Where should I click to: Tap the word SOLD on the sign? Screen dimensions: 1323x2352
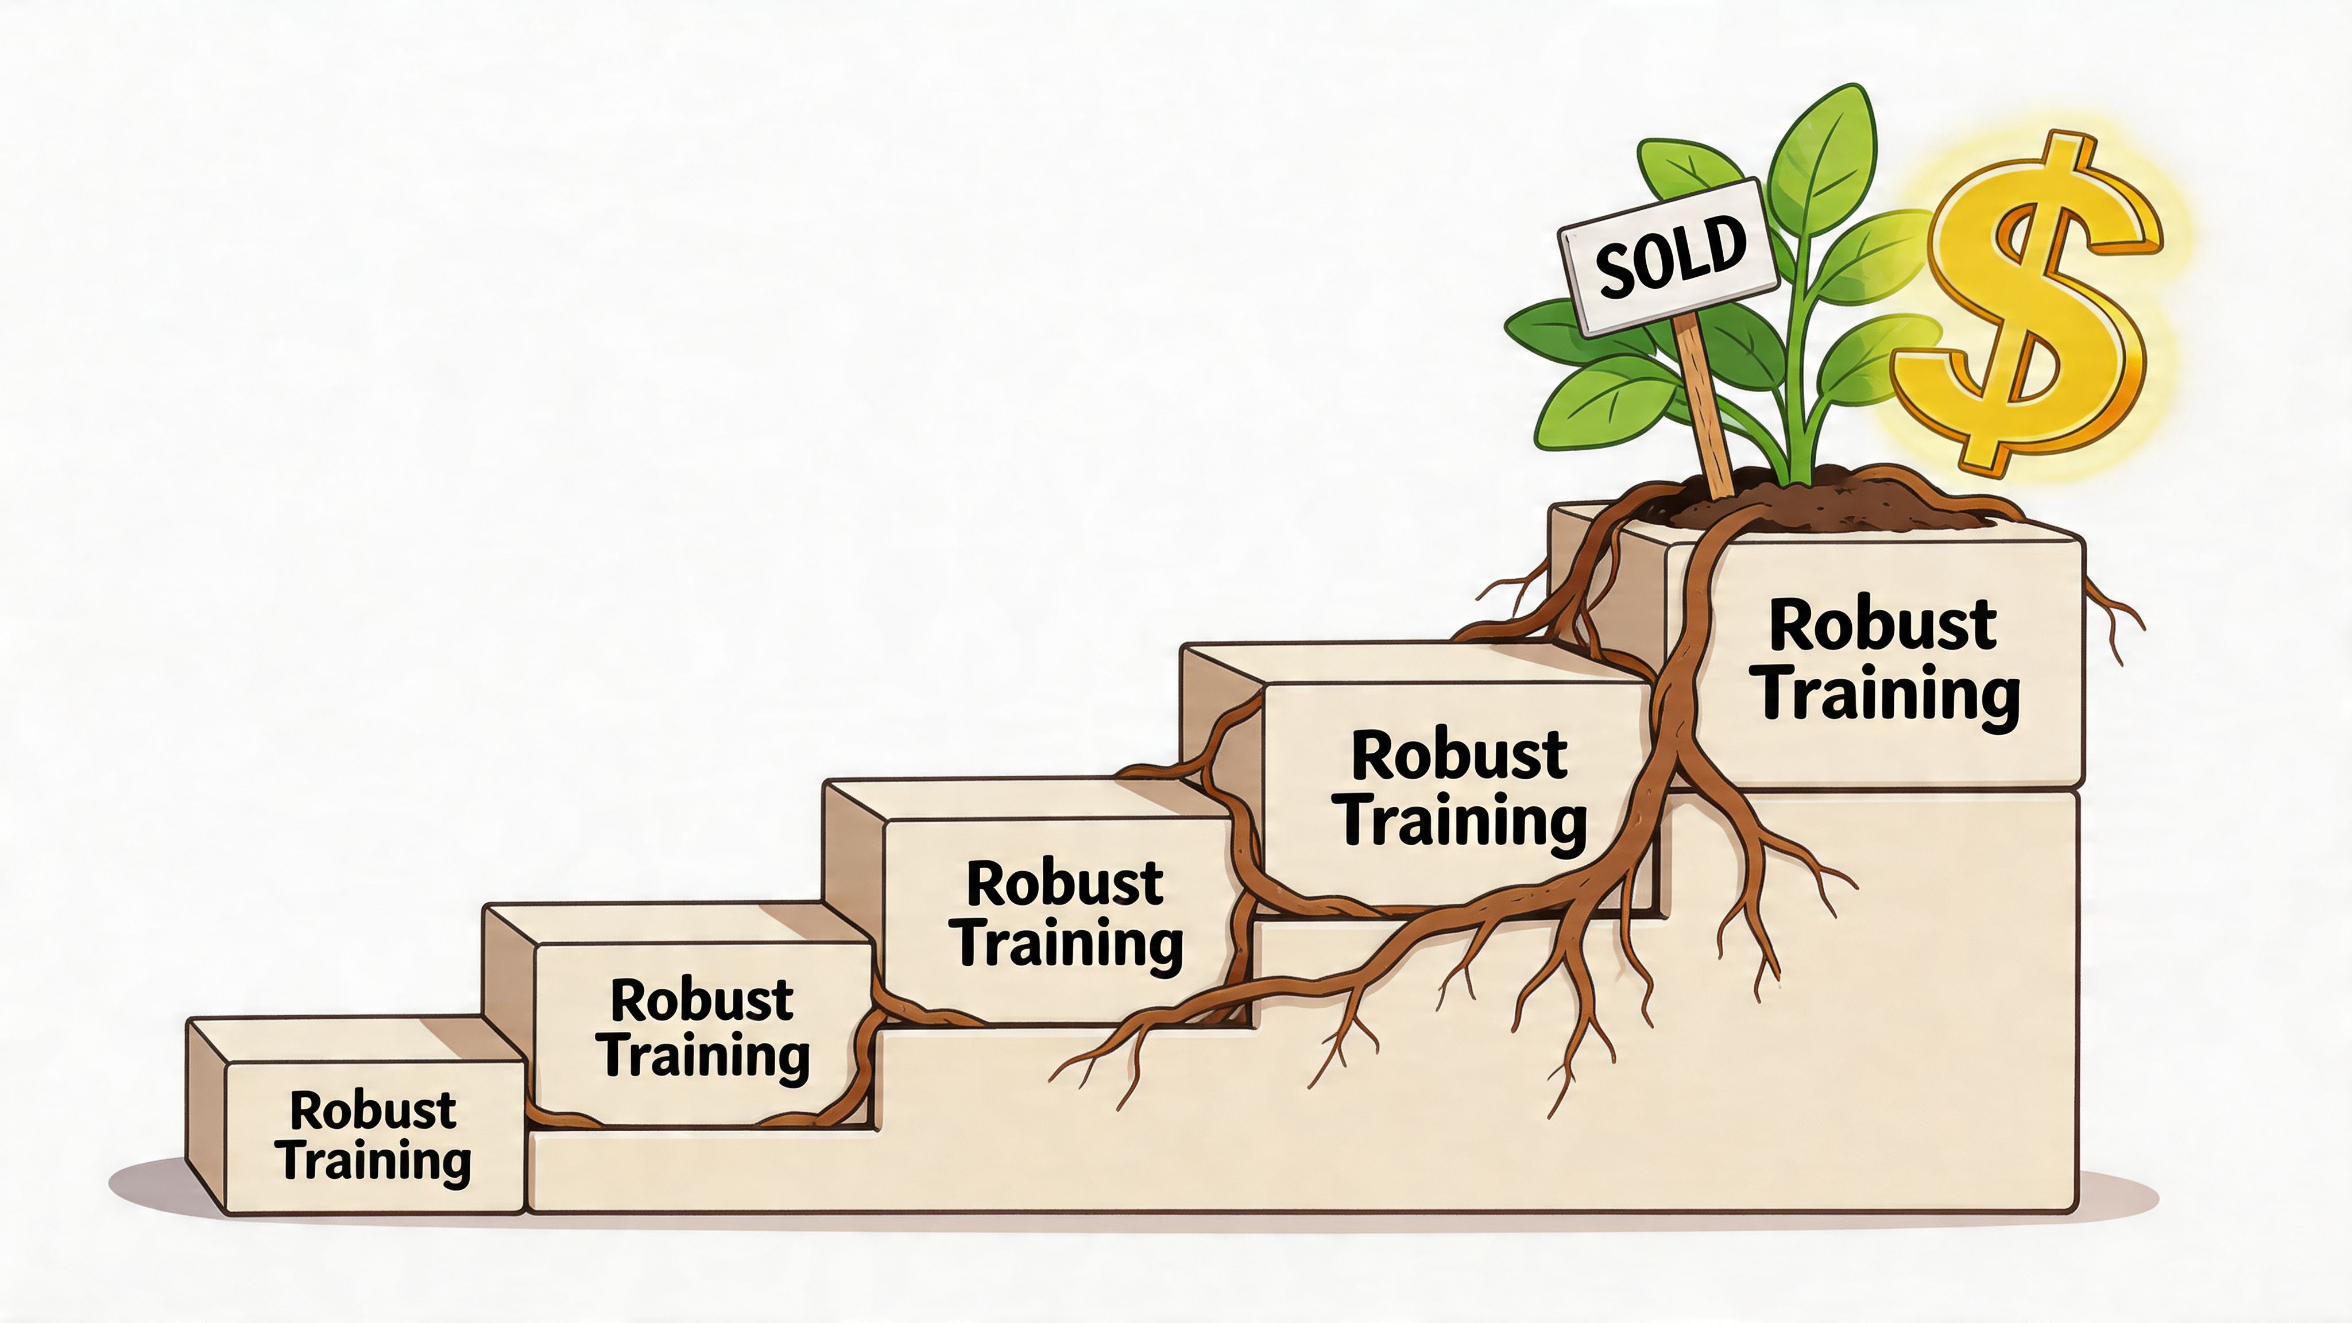coord(1671,257)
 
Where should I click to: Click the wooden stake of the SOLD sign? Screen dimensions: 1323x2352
coord(1705,411)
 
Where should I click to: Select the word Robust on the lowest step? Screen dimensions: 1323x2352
coord(373,1111)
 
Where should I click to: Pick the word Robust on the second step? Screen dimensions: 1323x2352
coord(701,1001)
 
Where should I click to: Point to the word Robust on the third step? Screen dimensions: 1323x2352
coord(1065,884)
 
